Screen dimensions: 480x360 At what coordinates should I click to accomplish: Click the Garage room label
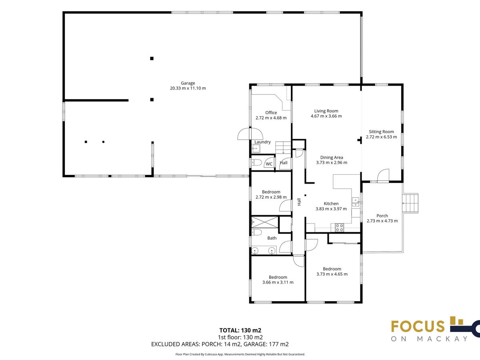(x=188, y=83)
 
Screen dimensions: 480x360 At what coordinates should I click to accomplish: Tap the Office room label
(x=271, y=112)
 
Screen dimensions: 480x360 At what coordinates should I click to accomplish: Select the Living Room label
(x=326, y=111)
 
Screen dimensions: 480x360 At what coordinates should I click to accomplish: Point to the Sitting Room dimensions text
(x=381, y=137)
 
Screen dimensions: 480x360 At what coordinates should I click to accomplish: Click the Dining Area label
(x=332, y=157)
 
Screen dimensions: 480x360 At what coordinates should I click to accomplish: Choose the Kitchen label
(x=331, y=204)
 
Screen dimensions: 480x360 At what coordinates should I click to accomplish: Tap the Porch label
(x=382, y=216)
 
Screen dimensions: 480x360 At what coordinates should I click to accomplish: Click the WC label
(x=269, y=164)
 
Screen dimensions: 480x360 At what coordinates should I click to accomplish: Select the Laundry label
(x=262, y=142)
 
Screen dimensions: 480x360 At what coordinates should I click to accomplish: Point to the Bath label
(x=272, y=238)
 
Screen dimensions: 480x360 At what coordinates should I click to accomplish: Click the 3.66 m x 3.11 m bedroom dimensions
(x=278, y=282)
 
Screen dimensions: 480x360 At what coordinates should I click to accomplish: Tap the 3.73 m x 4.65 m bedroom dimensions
(x=332, y=274)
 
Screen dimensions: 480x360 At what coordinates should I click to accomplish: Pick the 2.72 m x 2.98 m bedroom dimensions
(x=271, y=197)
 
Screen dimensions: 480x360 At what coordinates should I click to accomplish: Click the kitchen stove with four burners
(x=339, y=228)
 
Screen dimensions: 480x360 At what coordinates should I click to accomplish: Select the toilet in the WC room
(x=256, y=163)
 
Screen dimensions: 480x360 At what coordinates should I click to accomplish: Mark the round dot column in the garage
(x=103, y=142)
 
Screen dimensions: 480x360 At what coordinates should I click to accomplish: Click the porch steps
(x=410, y=203)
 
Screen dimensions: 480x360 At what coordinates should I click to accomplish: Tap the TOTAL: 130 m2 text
(x=240, y=330)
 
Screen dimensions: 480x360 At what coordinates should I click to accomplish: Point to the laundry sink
(x=256, y=149)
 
